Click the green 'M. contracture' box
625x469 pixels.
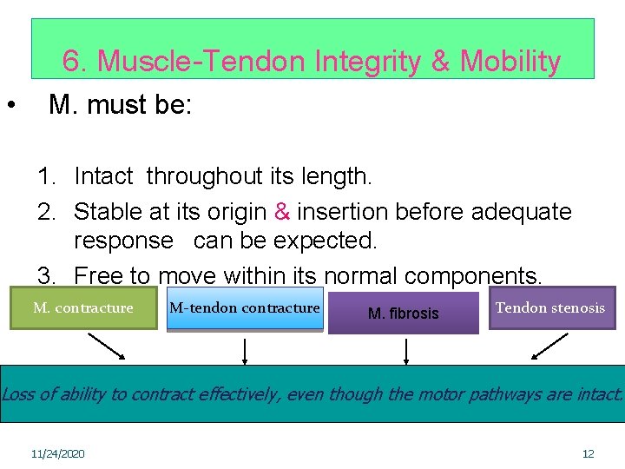(83, 308)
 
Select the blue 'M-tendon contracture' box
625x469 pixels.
(245, 308)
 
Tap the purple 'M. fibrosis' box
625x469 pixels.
(404, 313)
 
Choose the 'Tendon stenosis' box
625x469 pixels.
(551, 308)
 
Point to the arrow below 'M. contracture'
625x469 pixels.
(108, 346)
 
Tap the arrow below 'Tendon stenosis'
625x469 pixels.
(549, 346)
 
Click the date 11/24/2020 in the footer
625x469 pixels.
(57, 454)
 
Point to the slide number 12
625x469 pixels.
(588, 454)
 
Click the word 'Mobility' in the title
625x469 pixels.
(510, 62)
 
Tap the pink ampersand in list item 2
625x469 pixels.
(282, 212)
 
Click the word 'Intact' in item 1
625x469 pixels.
(103, 177)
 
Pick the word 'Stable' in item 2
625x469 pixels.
(107, 212)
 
